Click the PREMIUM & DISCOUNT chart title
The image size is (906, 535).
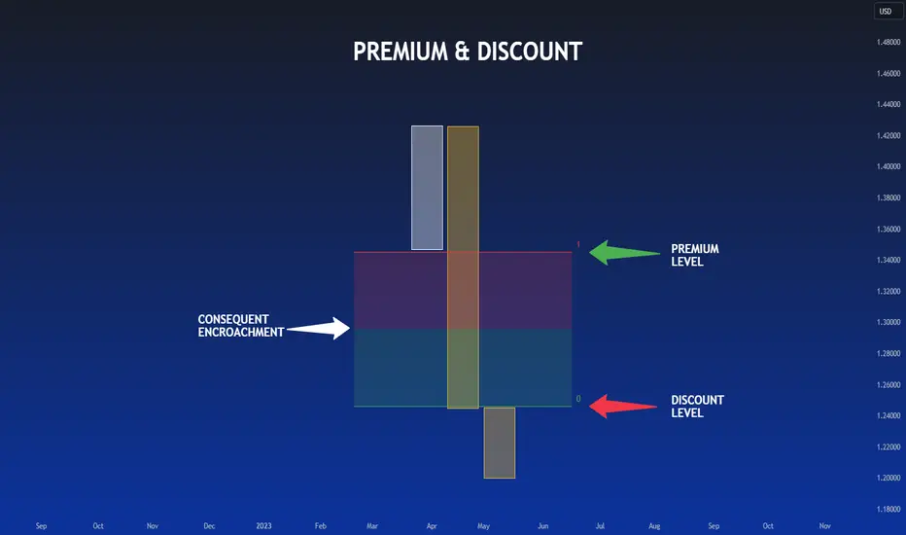click(468, 52)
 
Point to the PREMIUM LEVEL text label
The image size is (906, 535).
click(695, 255)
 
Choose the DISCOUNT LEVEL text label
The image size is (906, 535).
click(697, 407)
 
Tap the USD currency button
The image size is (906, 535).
click(886, 12)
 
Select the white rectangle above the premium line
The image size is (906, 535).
click(427, 188)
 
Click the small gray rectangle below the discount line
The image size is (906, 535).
click(500, 443)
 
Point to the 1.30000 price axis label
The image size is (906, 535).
click(887, 323)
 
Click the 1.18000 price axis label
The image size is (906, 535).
click(887, 510)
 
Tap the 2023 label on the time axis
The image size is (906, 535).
click(264, 526)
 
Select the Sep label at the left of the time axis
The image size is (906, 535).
click(41, 526)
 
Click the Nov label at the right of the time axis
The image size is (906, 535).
click(824, 526)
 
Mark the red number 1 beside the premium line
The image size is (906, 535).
click(578, 245)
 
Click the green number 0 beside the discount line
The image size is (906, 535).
click(578, 399)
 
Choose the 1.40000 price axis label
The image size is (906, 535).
click(887, 167)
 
